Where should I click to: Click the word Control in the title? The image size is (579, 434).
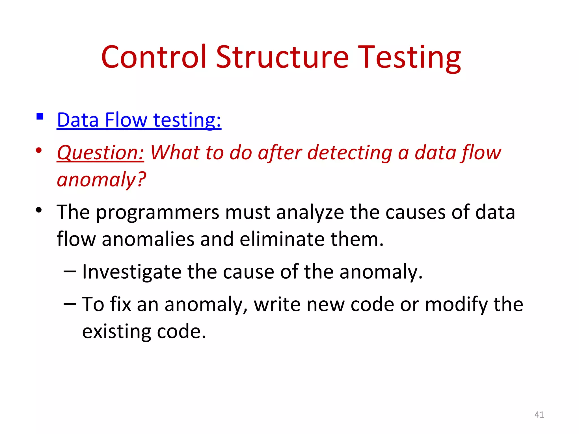tap(154, 57)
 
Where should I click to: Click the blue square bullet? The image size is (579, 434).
tap(40, 116)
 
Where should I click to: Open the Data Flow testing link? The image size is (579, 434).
tap(139, 120)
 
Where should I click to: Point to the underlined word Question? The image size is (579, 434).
tap(100, 153)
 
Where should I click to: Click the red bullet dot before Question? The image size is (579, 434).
tap(39, 150)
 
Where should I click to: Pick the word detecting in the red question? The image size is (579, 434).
tap(349, 153)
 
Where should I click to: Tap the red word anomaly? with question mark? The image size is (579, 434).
tap(101, 180)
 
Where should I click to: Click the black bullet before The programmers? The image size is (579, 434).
tap(39, 210)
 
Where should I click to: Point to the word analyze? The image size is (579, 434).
tap(310, 212)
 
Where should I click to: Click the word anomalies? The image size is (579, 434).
tap(148, 239)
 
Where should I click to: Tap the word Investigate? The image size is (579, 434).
tap(131, 272)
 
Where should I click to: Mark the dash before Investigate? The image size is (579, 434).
tap(70, 272)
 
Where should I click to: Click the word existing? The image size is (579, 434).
tap(116, 331)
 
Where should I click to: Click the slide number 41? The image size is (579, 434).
tap(539, 415)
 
